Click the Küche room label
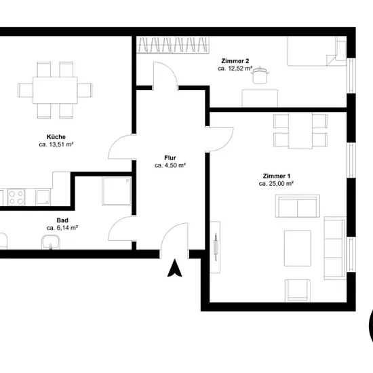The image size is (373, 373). pyautogui.click(x=56, y=137)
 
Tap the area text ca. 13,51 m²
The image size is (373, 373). pyautogui.click(x=56, y=144)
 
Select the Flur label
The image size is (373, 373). pyautogui.click(x=170, y=158)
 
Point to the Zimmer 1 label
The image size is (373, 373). pyautogui.click(x=277, y=176)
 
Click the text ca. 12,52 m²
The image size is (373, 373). pyautogui.click(x=235, y=68)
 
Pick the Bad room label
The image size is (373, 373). pyautogui.click(x=62, y=220)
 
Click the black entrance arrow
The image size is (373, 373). pyautogui.click(x=174, y=268)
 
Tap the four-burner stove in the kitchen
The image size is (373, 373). pyautogui.click(x=16, y=197)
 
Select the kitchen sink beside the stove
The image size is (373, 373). pyautogui.click(x=43, y=197)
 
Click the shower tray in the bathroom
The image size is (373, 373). pyautogui.click(x=117, y=191)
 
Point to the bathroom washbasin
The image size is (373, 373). pyautogui.click(x=50, y=242)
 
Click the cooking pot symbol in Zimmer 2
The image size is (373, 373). pyautogui.click(x=260, y=75)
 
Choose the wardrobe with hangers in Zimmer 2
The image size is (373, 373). pyautogui.click(x=174, y=45)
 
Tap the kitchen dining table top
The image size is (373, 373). pyautogui.click(x=55, y=90)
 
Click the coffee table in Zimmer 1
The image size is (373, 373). pyautogui.click(x=297, y=248)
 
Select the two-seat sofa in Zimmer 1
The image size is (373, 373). pyautogui.click(x=297, y=206)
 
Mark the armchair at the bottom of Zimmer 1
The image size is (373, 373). pyautogui.click(x=298, y=291)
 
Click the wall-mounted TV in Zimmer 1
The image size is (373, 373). pyautogui.click(x=216, y=247)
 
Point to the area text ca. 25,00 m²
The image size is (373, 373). pyautogui.click(x=276, y=184)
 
